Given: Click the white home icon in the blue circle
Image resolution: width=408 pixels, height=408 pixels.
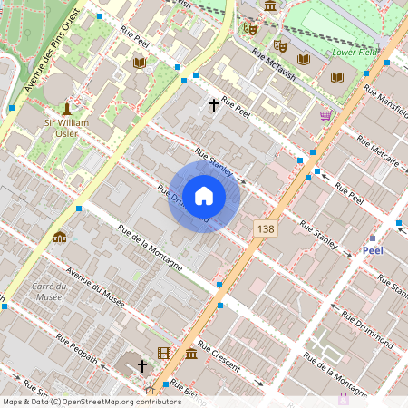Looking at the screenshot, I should coord(204,195).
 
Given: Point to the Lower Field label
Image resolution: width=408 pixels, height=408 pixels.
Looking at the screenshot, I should coord(355,53).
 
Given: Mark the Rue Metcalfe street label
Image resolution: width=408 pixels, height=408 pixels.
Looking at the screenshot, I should coord(378,151).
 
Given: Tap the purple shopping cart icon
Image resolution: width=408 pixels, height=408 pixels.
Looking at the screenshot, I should coord(325,115).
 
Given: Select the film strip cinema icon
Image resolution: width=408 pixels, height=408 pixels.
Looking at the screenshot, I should coord(163,353).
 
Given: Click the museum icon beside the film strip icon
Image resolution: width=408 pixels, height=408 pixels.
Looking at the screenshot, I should coord(191,353).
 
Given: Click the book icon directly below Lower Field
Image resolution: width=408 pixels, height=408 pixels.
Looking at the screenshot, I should coord(337,77).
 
